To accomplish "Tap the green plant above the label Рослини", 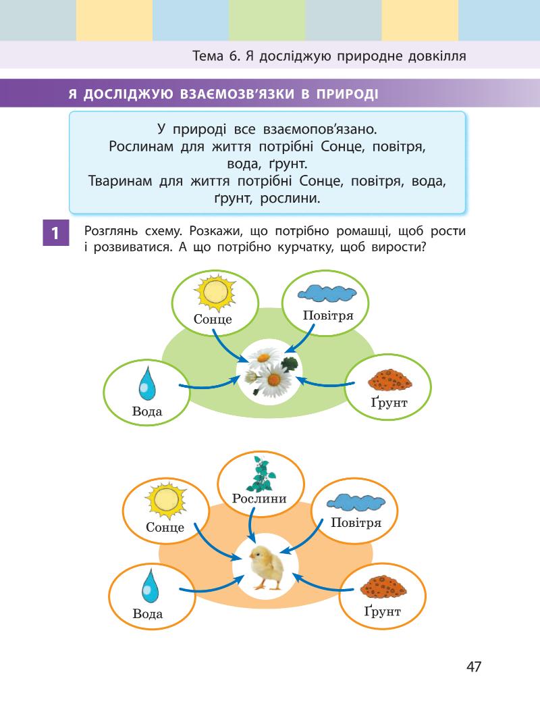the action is tap(259, 474).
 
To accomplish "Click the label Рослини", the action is tap(259, 499).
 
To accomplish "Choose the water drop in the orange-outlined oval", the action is tap(149, 586).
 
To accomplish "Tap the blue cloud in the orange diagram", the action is tap(356, 501).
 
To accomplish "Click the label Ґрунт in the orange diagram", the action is tap(382, 611).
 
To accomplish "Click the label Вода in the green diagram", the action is tap(147, 411).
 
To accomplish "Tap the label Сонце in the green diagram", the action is tap(213, 319).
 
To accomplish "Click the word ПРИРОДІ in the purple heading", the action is tap(344, 94).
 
